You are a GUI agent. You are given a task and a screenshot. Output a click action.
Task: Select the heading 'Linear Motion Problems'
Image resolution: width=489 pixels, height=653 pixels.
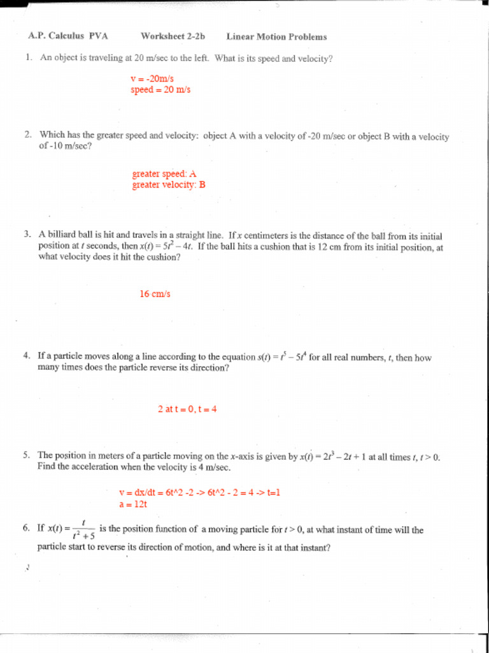[x=276, y=36]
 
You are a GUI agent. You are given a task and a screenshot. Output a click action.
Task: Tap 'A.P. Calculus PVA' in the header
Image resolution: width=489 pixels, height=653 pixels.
[x=68, y=36]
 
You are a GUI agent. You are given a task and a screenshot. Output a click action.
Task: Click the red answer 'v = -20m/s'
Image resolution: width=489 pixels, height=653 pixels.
[x=152, y=79]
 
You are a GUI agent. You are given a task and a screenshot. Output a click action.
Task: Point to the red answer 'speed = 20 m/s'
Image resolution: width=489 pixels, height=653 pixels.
[x=160, y=90]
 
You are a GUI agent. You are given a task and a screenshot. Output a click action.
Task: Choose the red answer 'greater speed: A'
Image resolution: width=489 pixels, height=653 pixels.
[x=164, y=173]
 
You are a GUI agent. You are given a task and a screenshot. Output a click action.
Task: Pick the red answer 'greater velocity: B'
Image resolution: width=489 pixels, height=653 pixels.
[x=169, y=185]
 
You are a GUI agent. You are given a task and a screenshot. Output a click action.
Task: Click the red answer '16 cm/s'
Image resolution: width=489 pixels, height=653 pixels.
[x=155, y=294]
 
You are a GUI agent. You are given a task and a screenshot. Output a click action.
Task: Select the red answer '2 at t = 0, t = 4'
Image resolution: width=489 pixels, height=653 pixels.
[x=188, y=409]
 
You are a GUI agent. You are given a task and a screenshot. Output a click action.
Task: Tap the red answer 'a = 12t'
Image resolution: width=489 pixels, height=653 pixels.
[x=133, y=504]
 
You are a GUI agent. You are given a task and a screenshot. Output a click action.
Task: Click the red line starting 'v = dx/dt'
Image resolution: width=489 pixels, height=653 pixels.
[x=200, y=492]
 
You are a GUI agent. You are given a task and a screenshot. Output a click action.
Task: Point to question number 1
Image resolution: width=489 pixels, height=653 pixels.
[x=29, y=58]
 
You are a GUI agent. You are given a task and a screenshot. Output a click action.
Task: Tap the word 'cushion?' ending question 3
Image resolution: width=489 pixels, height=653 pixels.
[x=162, y=258]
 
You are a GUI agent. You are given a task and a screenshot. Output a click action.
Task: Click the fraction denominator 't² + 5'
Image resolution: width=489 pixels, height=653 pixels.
[x=84, y=536]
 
